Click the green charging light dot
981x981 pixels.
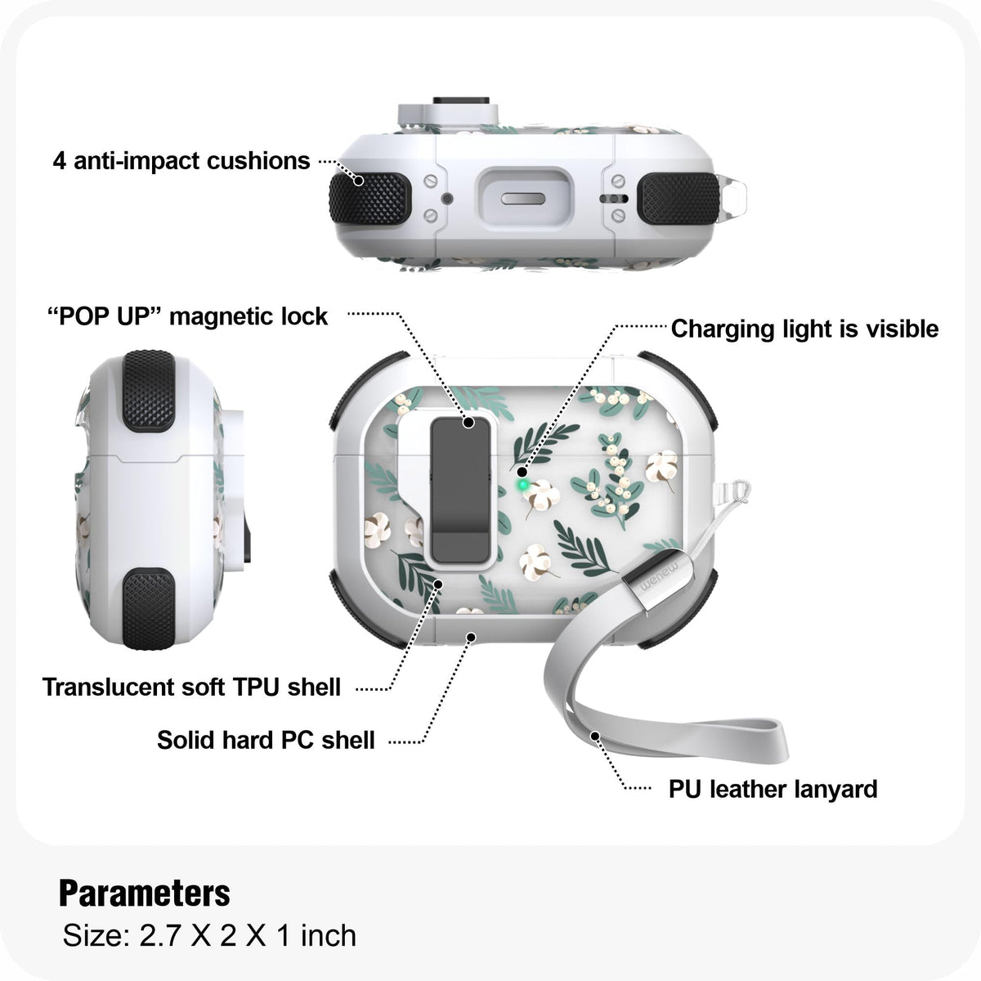522,485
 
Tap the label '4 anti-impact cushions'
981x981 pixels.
181,161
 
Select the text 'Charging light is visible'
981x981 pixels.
804,329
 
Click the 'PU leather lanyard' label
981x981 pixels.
773,790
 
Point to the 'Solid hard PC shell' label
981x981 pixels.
266,740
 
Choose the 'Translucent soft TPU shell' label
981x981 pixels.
191,688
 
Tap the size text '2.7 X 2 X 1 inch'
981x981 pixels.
248,935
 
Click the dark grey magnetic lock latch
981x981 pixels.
461,490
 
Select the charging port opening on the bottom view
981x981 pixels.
524,199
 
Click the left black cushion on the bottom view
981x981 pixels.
370,199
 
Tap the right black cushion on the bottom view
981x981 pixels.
679,199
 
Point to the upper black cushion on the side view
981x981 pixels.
149,391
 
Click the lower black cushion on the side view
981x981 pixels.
149,609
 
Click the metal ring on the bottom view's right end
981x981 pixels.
734,196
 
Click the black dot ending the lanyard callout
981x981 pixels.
594,736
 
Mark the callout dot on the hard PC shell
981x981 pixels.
472,638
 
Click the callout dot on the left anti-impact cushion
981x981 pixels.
359,181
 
